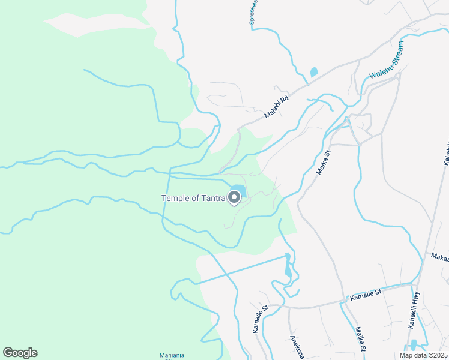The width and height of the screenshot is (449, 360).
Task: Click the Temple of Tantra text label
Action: click(x=193, y=198)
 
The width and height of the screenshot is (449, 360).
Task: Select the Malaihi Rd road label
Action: click(x=277, y=107)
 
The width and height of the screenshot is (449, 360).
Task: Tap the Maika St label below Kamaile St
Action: click(x=360, y=340)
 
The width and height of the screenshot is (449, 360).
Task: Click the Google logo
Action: click(x=20, y=353)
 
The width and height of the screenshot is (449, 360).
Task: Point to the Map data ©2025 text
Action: click(x=424, y=355)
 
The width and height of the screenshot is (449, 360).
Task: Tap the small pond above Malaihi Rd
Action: click(x=313, y=73)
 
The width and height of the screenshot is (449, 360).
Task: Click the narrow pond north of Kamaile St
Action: click(x=288, y=266)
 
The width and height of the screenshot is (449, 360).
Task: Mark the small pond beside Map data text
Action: click(x=412, y=345)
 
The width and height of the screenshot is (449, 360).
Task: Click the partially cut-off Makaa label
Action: click(x=439, y=257)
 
